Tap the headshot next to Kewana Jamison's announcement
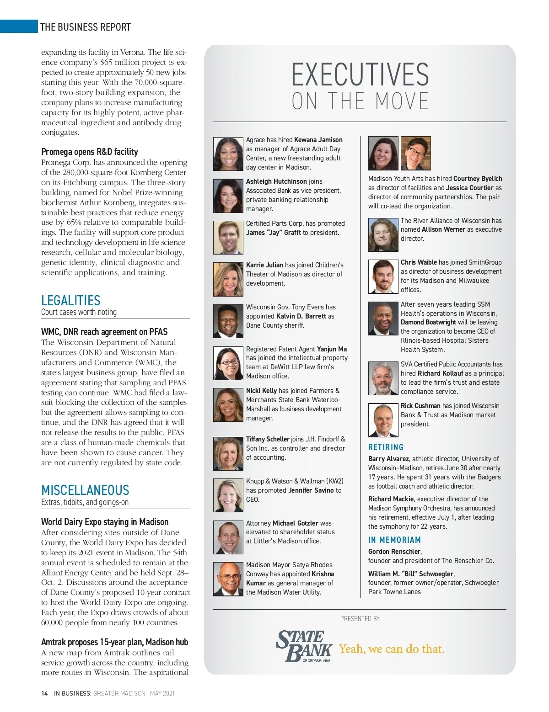pyautogui.click(x=228, y=154)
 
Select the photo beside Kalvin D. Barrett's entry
pyautogui.click(x=228, y=321)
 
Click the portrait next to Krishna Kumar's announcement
pyautogui.click(x=228, y=579)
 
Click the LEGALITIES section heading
pyautogui.click(x=71, y=301)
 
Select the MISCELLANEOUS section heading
pyautogui.click(x=85, y=490)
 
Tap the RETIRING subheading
pyautogui.click(x=386, y=447)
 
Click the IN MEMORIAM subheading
pyautogui.click(x=394, y=540)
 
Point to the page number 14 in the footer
pyautogui.click(x=44, y=693)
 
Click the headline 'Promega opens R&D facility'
pyautogui.click(x=90, y=152)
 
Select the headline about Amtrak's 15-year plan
pyautogui.click(x=114, y=642)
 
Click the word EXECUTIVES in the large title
pyautogui.click(x=360, y=75)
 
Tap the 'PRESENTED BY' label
pyautogui.click(x=360, y=619)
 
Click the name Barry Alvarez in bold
pyautogui.click(x=388, y=459)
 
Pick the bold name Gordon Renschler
pyautogui.click(x=394, y=552)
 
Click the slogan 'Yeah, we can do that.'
pyautogui.click(x=392, y=649)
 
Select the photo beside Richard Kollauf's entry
pyautogui.click(x=383, y=378)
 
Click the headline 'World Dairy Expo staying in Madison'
pyautogui.click(x=105, y=522)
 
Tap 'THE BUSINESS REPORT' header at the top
pyautogui.click(x=86, y=27)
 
